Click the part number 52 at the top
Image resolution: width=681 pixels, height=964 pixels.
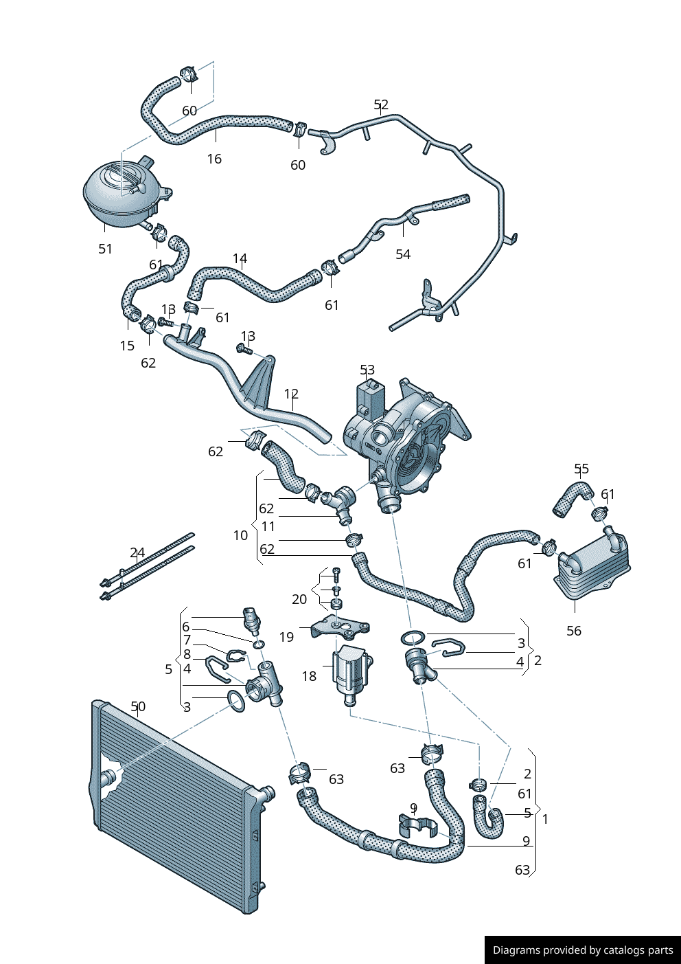pos(381,104)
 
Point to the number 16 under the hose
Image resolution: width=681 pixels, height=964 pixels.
pos(214,159)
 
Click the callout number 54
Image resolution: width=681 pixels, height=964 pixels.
pos(403,254)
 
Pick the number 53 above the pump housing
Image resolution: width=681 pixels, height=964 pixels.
pos(367,370)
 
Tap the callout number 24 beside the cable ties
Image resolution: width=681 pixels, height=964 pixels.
pos(137,552)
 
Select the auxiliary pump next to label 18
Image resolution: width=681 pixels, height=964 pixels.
pos(351,671)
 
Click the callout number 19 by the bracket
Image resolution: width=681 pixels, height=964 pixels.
pos(286,637)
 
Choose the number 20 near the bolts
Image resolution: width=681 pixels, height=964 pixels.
pos(299,599)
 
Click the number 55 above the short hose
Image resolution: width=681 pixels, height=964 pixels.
pos(581,469)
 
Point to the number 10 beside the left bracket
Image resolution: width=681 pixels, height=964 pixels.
pos(240,535)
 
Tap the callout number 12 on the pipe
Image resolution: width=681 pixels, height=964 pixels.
pos(291,394)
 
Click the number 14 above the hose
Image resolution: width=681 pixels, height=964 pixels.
pos(240,258)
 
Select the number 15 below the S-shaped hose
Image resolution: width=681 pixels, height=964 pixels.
pos(127,345)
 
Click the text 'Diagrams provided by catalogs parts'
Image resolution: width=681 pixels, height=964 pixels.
pos(583,950)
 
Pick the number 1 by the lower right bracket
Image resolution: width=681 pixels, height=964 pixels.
pos(545,819)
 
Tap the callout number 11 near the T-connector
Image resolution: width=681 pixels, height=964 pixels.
pos(268,526)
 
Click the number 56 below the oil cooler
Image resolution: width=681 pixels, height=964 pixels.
pos(574,630)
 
